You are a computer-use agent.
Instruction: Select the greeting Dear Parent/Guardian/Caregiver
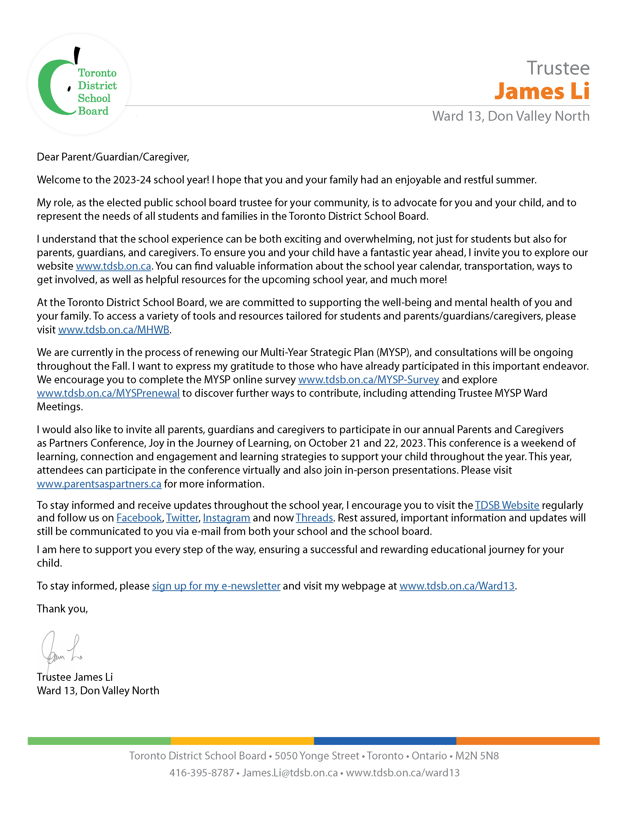click(x=113, y=157)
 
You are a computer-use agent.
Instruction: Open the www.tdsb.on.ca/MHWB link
click(x=114, y=330)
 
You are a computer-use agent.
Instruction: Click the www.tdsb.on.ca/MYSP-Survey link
click(x=368, y=380)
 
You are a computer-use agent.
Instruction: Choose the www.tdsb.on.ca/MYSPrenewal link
click(x=108, y=393)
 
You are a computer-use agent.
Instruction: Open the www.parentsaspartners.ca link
click(x=99, y=484)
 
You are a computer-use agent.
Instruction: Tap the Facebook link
click(x=139, y=518)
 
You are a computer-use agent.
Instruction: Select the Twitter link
click(x=182, y=518)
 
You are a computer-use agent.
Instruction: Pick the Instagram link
click(x=226, y=518)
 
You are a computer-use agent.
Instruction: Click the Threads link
click(x=314, y=518)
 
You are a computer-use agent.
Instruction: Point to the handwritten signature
click(x=60, y=649)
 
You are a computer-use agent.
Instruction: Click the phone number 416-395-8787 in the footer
click(x=201, y=773)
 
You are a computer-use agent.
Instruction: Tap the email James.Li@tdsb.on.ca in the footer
click(x=290, y=773)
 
